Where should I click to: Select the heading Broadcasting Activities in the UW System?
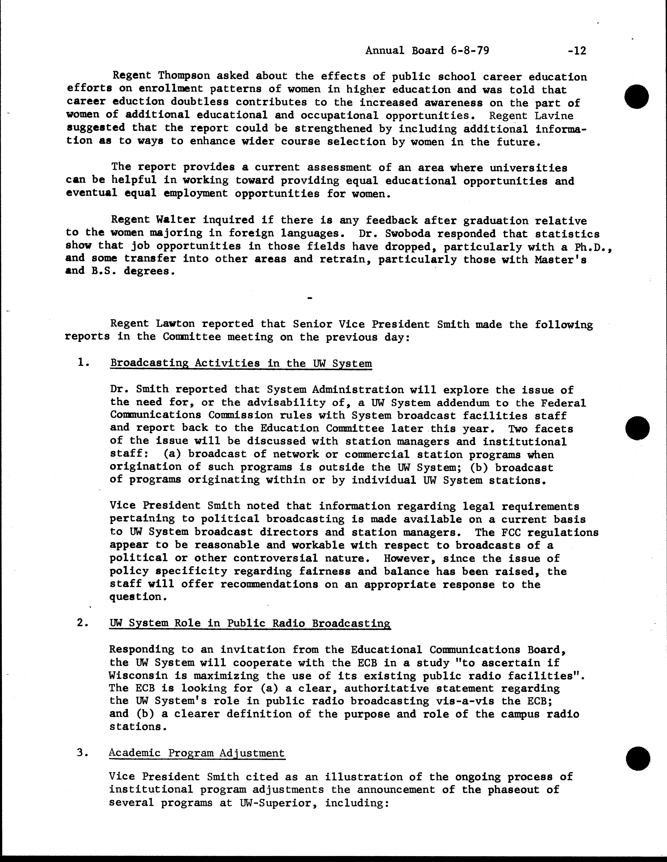tap(241, 363)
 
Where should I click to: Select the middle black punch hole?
tap(637, 428)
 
